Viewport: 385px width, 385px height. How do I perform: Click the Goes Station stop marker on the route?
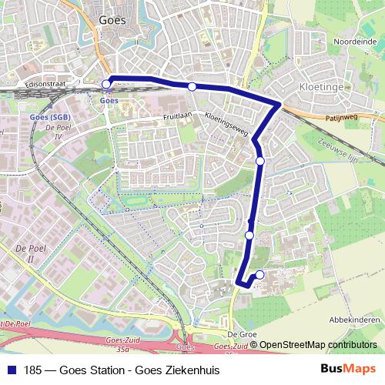(x=106, y=84)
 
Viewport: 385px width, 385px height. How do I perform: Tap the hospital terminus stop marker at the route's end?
(x=259, y=275)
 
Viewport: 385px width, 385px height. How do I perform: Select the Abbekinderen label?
(x=354, y=320)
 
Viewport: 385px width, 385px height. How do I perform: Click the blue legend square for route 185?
(x=11, y=370)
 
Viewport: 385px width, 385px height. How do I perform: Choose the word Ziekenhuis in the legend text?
(x=194, y=370)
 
